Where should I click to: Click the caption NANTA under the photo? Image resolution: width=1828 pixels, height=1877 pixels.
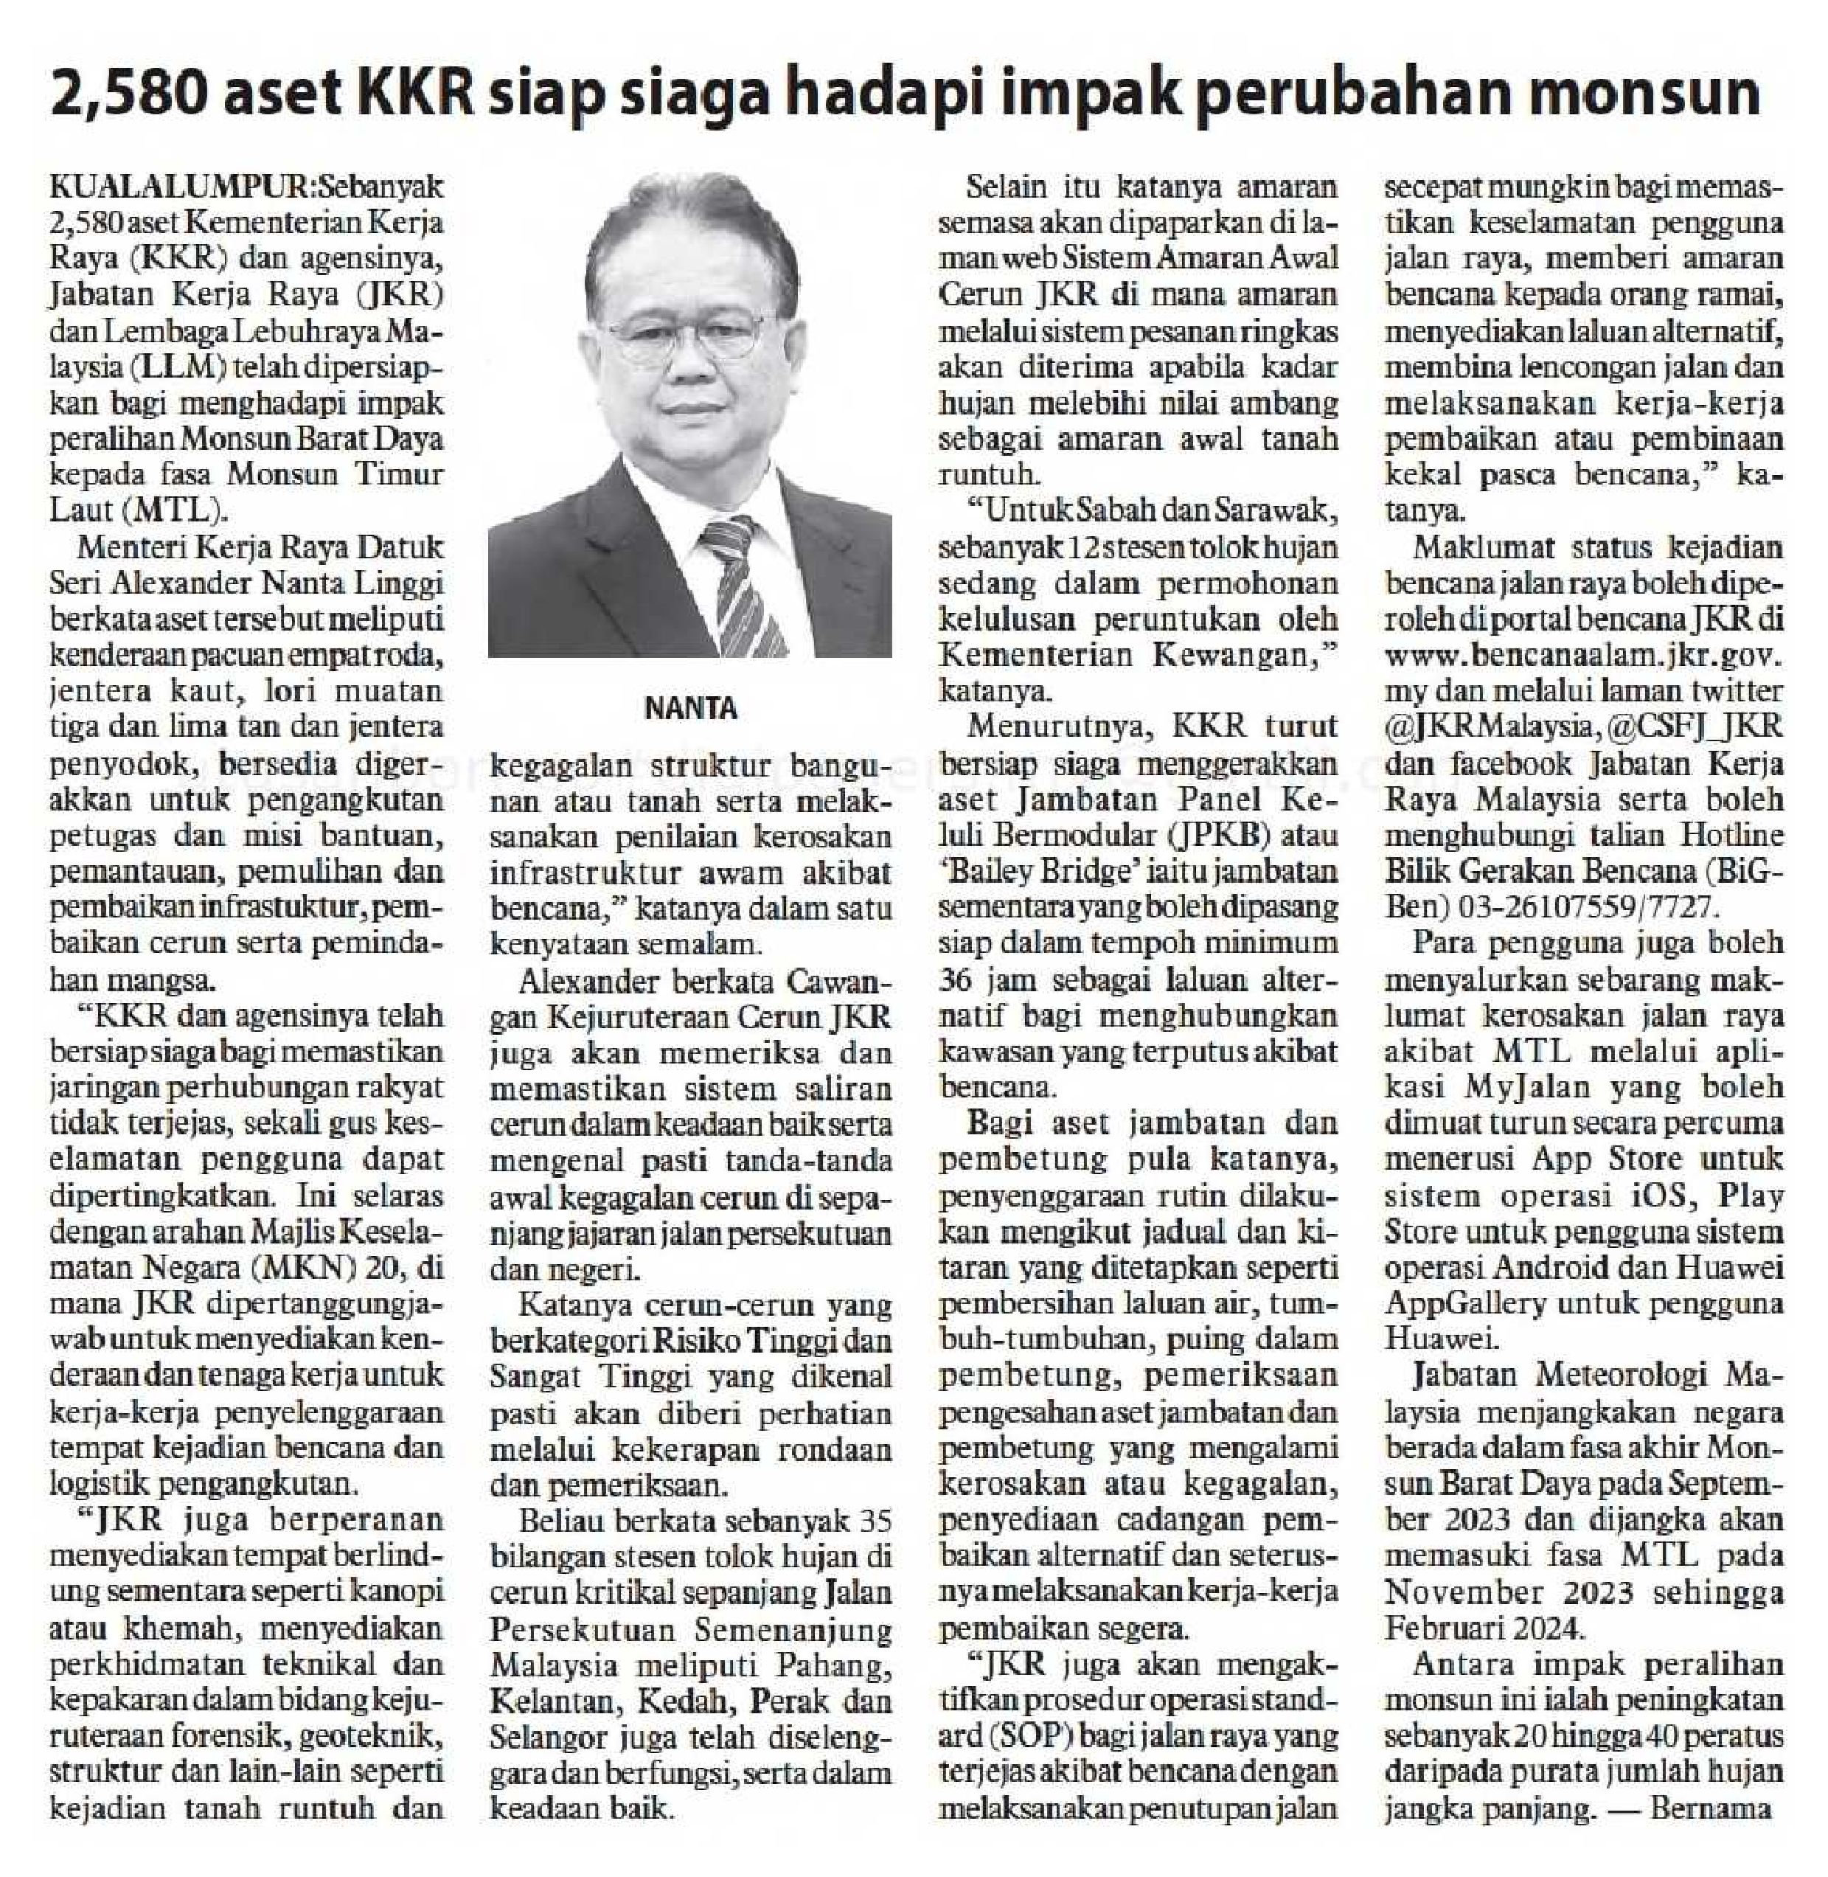[689, 709]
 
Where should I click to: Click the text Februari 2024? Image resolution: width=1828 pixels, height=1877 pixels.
[1484, 1629]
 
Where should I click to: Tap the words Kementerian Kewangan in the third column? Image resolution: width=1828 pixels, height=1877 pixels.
[1138, 656]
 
